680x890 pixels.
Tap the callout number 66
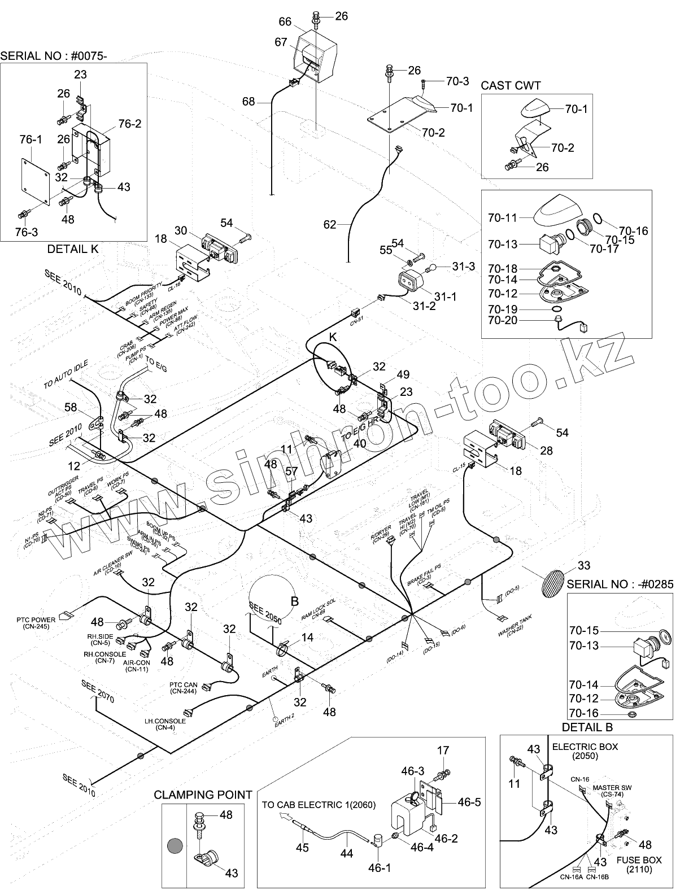click(285, 21)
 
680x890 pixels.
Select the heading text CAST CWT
click(511, 85)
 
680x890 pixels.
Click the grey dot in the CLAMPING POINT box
click(175, 846)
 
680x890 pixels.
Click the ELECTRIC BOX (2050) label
click(585, 751)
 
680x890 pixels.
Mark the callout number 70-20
click(503, 320)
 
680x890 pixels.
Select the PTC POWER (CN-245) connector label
click(36, 623)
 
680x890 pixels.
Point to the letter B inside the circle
click(294, 601)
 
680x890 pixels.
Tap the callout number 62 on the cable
click(329, 225)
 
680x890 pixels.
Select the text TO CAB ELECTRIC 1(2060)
click(318, 804)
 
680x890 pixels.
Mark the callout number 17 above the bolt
click(443, 750)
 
